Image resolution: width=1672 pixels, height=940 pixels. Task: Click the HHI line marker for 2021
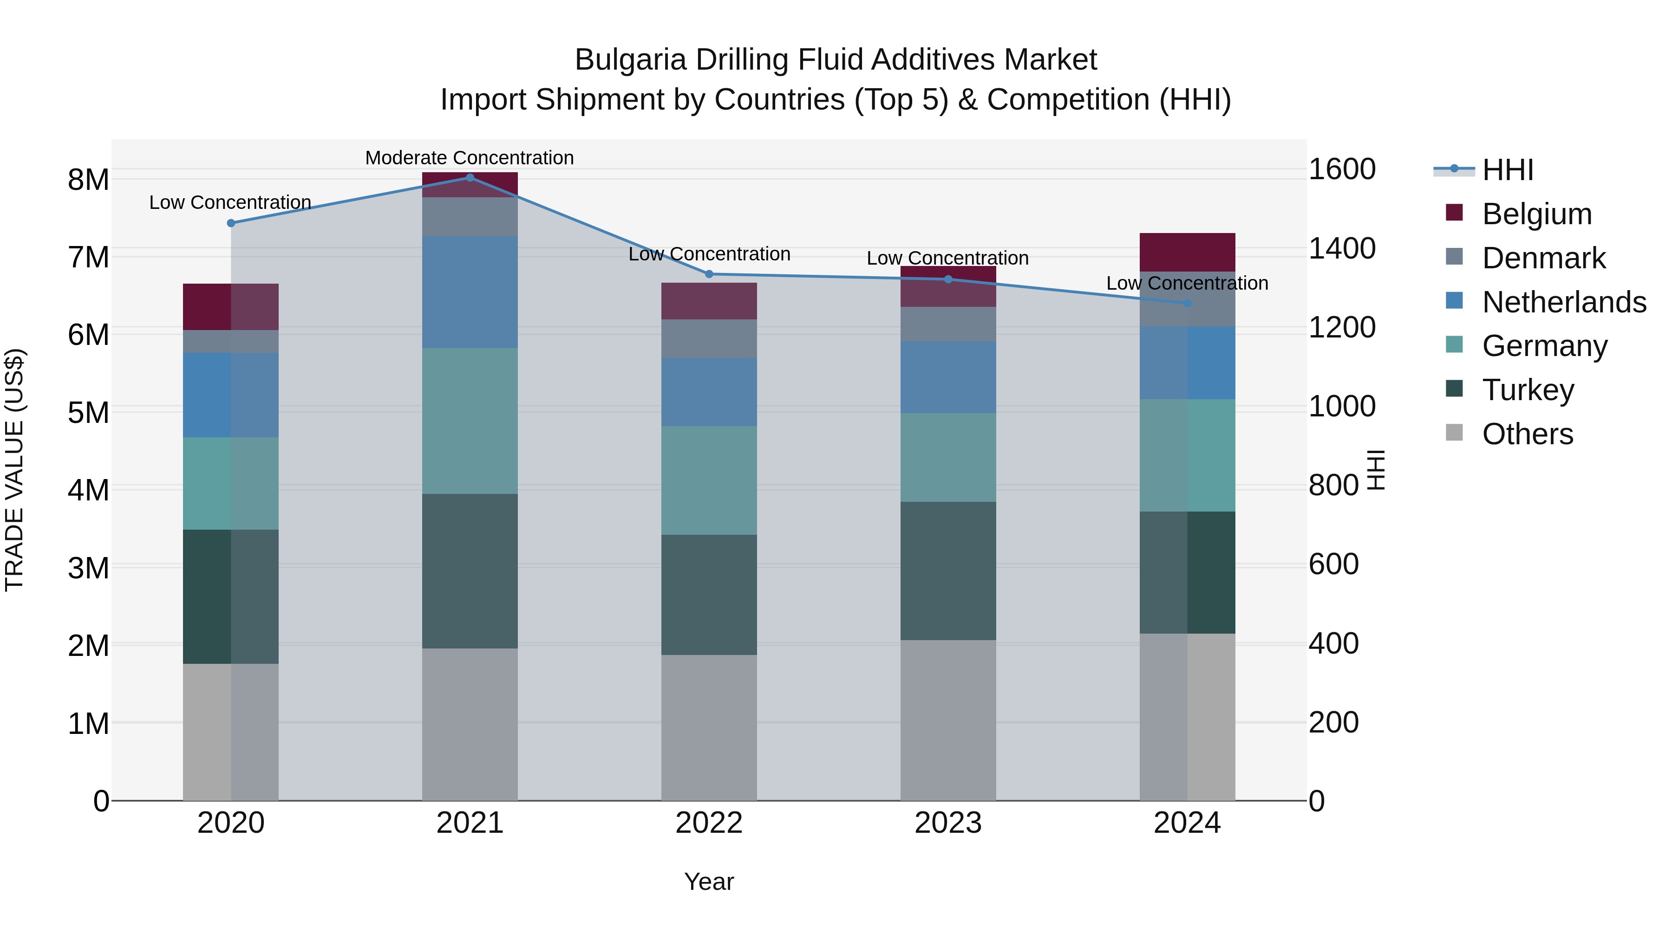tap(470, 177)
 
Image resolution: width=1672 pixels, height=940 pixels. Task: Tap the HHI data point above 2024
tap(1187, 303)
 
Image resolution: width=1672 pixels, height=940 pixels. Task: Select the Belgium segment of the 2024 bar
tap(1187, 252)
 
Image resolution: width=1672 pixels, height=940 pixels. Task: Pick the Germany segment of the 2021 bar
tap(470, 421)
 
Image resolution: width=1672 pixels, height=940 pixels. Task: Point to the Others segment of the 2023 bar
tap(947, 720)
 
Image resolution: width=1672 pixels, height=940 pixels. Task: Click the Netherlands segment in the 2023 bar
tap(947, 377)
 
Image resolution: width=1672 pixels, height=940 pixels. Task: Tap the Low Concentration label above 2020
tap(230, 202)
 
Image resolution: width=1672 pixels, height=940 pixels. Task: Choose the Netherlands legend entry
tap(1564, 302)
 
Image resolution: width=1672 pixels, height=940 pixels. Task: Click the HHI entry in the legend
tap(1507, 170)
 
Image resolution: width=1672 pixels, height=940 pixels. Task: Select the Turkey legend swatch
tap(1454, 389)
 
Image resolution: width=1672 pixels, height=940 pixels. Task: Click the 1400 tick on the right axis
tap(1341, 248)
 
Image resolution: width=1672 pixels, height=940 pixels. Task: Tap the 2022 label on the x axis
tap(709, 823)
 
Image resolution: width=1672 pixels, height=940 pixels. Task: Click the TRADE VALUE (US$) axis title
tap(14, 470)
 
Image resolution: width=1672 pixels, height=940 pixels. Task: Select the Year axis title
tap(709, 882)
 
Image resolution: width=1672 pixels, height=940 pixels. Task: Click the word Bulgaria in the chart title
tap(630, 60)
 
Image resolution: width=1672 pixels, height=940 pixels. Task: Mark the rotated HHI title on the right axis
tap(1375, 470)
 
